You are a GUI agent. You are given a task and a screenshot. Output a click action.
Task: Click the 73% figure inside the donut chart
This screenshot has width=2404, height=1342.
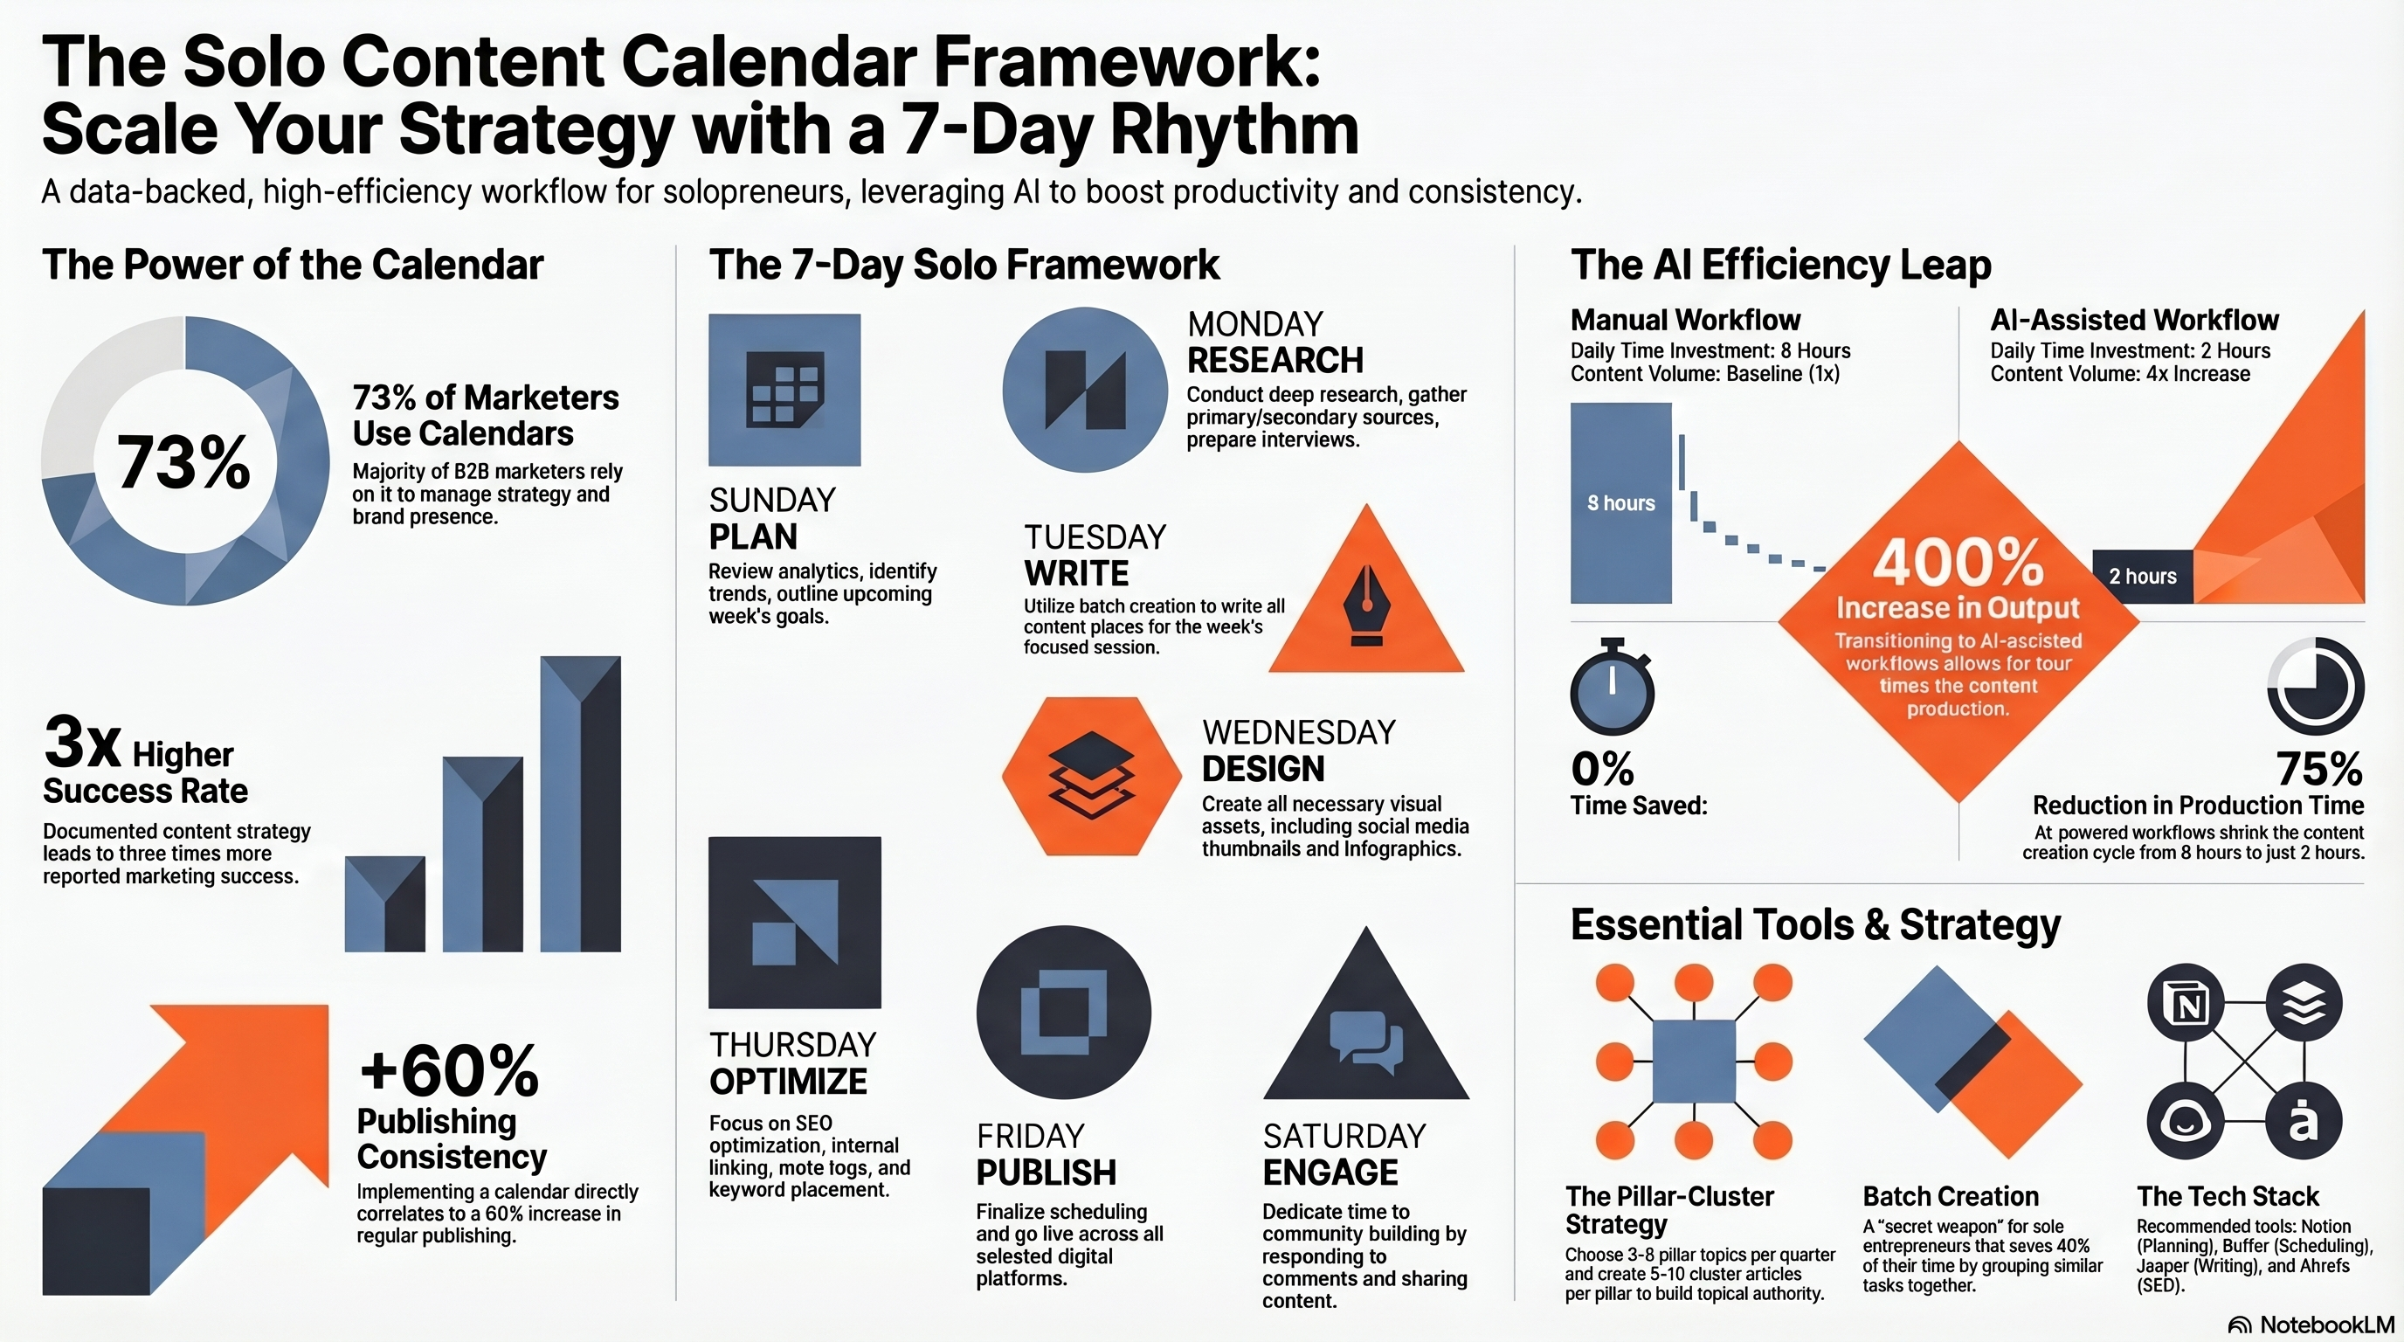pyautogui.click(x=183, y=462)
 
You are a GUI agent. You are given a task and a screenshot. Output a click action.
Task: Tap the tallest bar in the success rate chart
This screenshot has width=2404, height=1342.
pyautogui.click(x=579, y=804)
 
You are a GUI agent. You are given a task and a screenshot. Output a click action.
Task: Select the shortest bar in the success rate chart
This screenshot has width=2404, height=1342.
pyautogui.click(x=384, y=903)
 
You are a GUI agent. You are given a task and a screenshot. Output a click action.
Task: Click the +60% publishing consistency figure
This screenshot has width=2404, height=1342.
pyautogui.click(x=449, y=1070)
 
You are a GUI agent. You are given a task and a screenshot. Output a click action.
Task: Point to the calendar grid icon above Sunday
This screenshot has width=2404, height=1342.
pyautogui.click(x=784, y=390)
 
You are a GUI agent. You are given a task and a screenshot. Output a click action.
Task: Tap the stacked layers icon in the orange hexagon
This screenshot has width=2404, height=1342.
pyautogui.click(x=1091, y=776)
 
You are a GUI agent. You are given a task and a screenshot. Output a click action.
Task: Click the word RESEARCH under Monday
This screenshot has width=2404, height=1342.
pyautogui.click(x=1275, y=360)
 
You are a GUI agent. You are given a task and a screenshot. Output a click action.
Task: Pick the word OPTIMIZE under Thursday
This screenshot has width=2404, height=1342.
pyautogui.click(x=789, y=1082)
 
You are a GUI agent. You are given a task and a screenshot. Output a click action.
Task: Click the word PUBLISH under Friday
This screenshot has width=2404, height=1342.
pyautogui.click(x=1047, y=1173)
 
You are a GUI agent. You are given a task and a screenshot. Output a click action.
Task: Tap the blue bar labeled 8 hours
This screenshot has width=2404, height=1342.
pyautogui.click(x=1620, y=503)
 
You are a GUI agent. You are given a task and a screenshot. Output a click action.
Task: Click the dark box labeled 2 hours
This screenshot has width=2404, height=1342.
pyautogui.click(x=2142, y=577)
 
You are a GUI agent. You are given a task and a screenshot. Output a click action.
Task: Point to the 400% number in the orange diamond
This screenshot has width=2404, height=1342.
pyautogui.click(x=1958, y=562)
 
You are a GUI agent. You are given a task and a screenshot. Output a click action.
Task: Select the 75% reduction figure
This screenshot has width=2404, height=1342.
pyautogui.click(x=2319, y=770)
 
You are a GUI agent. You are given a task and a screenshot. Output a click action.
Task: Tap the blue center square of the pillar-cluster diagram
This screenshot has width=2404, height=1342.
pyautogui.click(x=1693, y=1061)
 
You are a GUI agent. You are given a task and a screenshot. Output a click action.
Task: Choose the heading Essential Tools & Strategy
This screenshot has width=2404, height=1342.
pyautogui.click(x=1815, y=925)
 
